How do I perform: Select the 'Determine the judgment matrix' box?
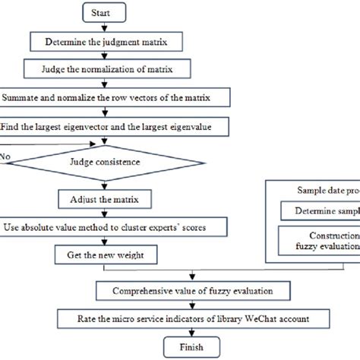(x=104, y=43)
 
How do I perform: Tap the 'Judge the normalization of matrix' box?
(x=104, y=70)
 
